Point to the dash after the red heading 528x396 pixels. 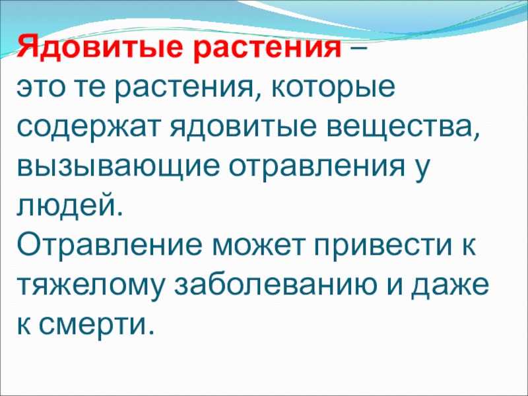[x=358, y=48]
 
